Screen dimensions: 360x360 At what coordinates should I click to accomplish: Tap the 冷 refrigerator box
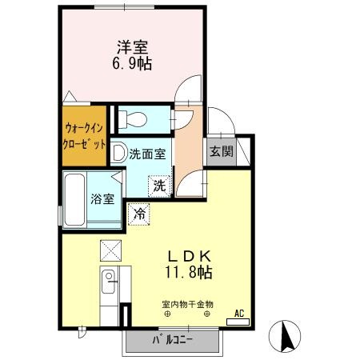(139, 214)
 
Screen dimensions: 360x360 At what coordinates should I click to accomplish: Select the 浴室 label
(101, 199)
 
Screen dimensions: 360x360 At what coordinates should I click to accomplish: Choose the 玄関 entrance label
(221, 152)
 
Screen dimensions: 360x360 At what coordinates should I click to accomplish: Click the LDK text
(189, 256)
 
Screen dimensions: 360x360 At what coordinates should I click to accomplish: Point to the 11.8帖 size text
(189, 274)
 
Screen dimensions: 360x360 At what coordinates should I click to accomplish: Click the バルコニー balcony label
(173, 341)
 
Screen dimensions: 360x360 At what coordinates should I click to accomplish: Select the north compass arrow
(286, 336)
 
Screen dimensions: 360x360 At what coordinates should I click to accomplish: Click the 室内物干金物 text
(188, 304)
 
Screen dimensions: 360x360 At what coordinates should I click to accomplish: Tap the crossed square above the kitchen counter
(109, 250)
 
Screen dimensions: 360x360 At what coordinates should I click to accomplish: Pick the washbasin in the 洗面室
(118, 153)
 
